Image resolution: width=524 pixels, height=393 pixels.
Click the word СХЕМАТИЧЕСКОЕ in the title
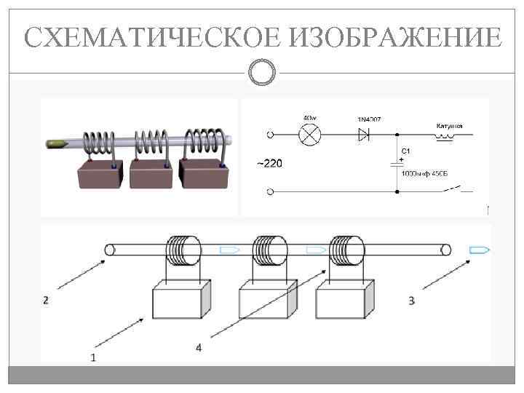point(154,37)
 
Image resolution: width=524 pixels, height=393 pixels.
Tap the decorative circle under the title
point(262,71)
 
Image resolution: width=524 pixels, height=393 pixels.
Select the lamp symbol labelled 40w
point(310,135)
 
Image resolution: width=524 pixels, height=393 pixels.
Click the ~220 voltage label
point(268,163)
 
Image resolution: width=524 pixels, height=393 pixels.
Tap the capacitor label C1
point(406,151)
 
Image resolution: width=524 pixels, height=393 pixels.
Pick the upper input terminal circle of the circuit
point(271,135)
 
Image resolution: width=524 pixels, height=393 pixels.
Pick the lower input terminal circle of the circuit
point(271,192)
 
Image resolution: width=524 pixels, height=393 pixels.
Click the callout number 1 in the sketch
point(92,357)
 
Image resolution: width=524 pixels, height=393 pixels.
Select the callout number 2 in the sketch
point(46,300)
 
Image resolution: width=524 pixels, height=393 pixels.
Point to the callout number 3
point(411,300)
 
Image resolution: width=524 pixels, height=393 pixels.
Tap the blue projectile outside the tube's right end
point(480,250)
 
